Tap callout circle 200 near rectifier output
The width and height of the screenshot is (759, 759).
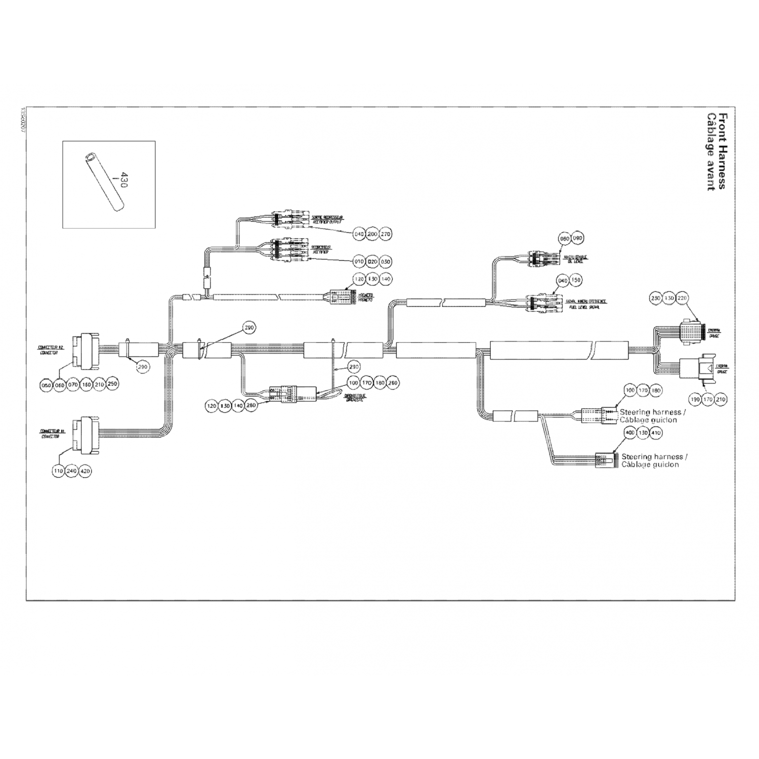click(x=372, y=234)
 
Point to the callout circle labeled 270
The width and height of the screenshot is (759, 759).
click(x=386, y=234)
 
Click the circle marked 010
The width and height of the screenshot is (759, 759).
click(x=359, y=261)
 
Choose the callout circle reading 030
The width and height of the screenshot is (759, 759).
click(x=386, y=261)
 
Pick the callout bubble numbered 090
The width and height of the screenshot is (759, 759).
click(x=577, y=238)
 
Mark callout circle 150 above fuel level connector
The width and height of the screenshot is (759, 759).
click(x=576, y=280)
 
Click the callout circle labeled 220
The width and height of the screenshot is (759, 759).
click(x=682, y=298)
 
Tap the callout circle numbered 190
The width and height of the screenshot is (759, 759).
click(x=695, y=400)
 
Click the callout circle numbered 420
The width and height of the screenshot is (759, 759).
click(x=85, y=471)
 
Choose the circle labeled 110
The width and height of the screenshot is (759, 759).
click(x=58, y=471)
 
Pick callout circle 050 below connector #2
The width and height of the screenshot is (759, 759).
click(x=47, y=385)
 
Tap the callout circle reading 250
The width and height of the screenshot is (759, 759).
click(x=112, y=384)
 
